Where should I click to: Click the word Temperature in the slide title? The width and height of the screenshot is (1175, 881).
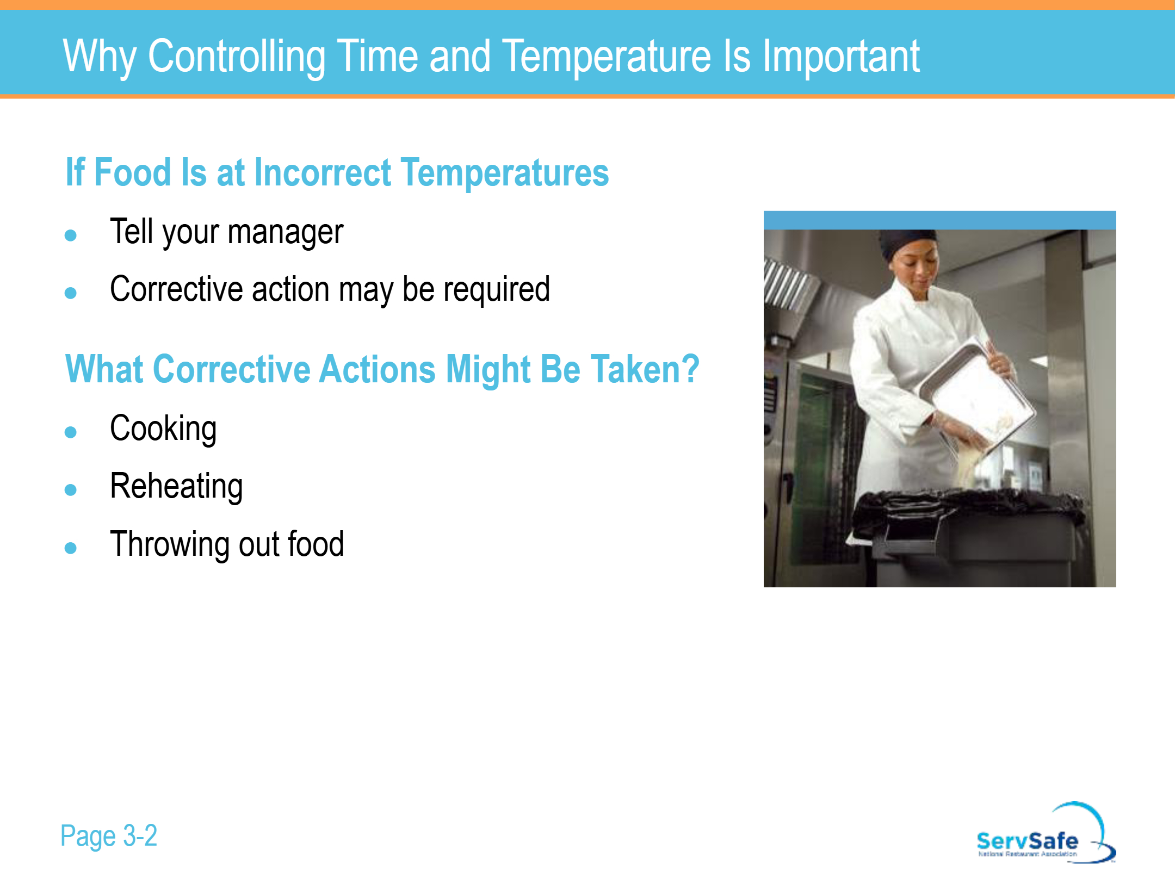coord(607,56)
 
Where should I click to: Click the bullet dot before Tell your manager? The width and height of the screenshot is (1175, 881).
coord(70,235)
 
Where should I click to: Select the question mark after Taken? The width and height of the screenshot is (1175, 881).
coord(690,369)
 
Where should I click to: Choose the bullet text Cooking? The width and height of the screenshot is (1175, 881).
coord(163,430)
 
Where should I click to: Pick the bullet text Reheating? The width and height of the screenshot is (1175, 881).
coord(176,487)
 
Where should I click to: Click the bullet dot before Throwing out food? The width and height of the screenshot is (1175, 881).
coord(70,548)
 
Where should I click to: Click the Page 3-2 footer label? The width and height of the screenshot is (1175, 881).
coord(108,836)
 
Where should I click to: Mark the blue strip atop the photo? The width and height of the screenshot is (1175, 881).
coord(939,220)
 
